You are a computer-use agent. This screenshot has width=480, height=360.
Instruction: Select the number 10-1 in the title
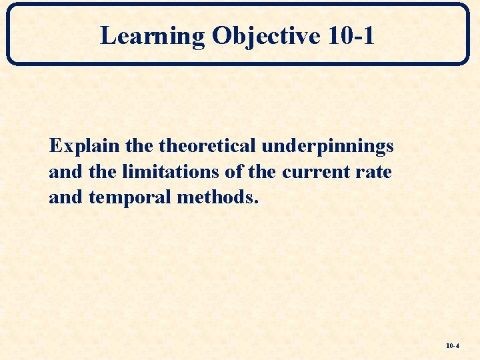pos(351,36)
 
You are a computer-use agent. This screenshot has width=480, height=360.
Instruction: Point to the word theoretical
pos(209,146)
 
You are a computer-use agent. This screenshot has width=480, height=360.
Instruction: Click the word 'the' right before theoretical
pos(139,146)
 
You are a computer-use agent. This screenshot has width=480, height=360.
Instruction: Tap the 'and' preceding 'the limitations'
pos(64,172)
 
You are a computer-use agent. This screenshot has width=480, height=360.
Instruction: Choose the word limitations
pos(169,172)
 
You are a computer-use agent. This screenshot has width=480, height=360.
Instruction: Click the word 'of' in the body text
pos(234,172)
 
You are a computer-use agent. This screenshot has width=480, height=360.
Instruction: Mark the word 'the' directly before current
pos(263,172)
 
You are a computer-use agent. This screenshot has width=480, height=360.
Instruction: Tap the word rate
pos(374,172)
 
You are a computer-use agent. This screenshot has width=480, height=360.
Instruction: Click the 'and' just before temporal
pos(64,198)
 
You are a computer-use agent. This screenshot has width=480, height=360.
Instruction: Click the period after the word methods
pos(253,203)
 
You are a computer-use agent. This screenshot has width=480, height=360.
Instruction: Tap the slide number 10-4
pos(453,347)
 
